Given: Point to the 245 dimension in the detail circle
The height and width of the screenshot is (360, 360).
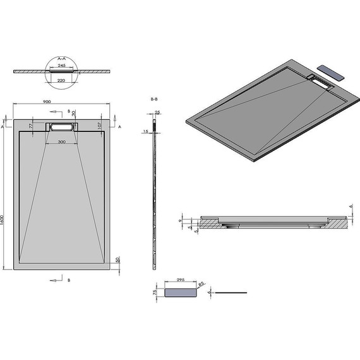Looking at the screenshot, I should pos(62,64).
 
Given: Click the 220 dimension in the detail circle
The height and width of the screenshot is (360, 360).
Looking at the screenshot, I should pos(62,81).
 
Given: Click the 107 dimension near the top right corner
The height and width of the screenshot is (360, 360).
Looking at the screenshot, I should pos(99,124).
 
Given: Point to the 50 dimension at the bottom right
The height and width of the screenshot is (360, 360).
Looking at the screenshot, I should pos(117,260).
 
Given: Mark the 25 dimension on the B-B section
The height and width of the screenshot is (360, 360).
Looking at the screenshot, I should pos(157,112).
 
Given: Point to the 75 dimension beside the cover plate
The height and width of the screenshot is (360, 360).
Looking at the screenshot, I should pos(155,292).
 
